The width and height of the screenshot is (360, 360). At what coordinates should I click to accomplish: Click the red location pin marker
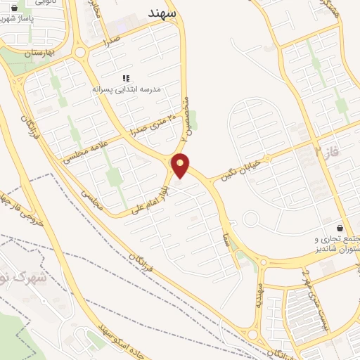181,166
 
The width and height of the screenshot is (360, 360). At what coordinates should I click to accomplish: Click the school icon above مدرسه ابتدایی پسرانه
126,78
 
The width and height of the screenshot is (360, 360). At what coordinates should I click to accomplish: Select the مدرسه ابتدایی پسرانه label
128,90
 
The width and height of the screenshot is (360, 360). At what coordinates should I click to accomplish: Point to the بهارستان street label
40,53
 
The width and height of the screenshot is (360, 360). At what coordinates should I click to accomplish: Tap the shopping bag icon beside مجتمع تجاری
340,229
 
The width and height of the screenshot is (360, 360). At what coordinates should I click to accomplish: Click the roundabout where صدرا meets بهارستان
81,51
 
